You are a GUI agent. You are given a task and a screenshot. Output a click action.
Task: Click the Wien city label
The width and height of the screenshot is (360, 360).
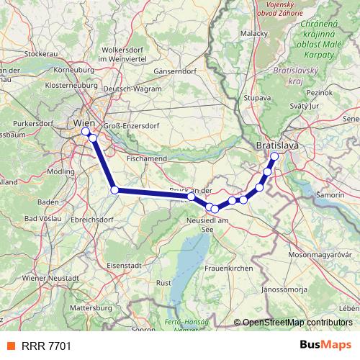click(x=84, y=123)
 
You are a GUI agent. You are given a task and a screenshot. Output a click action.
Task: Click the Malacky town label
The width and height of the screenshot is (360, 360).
click(x=254, y=33)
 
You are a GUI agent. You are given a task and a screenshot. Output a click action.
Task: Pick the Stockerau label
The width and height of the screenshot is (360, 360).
click(x=40, y=53)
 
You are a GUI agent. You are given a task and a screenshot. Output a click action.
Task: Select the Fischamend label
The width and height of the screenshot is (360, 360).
click(x=146, y=158)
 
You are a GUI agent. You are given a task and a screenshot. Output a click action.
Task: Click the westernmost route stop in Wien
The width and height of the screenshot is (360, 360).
click(x=86, y=132)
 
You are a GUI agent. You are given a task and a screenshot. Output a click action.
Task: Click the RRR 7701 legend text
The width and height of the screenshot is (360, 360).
click(x=45, y=346)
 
